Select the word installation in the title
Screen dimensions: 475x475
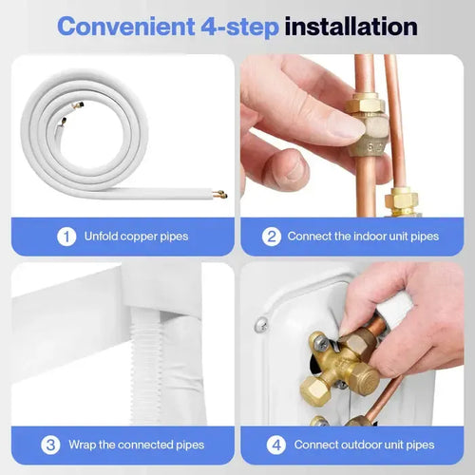click(351, 26)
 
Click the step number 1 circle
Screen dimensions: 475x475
click(66, 236)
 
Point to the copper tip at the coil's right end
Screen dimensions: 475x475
click(220, 195)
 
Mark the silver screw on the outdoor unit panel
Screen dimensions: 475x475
click(260, 326)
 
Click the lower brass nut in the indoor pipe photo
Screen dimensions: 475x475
click(403, 201)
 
